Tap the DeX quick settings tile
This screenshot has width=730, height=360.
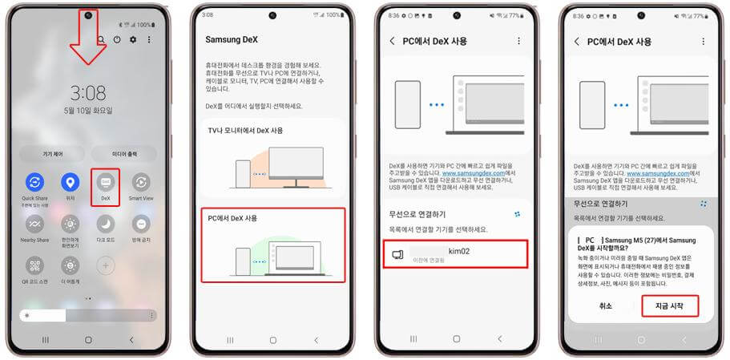pyautogui.click(x=105, y=184)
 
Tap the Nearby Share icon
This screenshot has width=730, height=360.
pyautogui.click(x=34, y=224)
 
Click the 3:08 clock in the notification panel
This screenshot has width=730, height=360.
pyautogui.click(x=87, y=91)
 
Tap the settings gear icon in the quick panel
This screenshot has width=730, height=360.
pyautogui.click(x=133, y=39)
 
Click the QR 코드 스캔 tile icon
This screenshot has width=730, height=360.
pyautogui.click(x=34, y=265)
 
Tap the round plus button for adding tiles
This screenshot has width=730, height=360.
pyautogui.click(x=106, y=265)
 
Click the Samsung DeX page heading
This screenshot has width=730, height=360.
pyautogui.click(x=230, y=39)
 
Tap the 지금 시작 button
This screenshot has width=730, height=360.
pyautogui.click(x=670, y=305)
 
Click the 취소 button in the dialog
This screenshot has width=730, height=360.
pyautogui.click(x=605, y=305)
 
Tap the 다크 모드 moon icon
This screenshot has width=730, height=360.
pyautogui.click(x=106, y=224)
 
